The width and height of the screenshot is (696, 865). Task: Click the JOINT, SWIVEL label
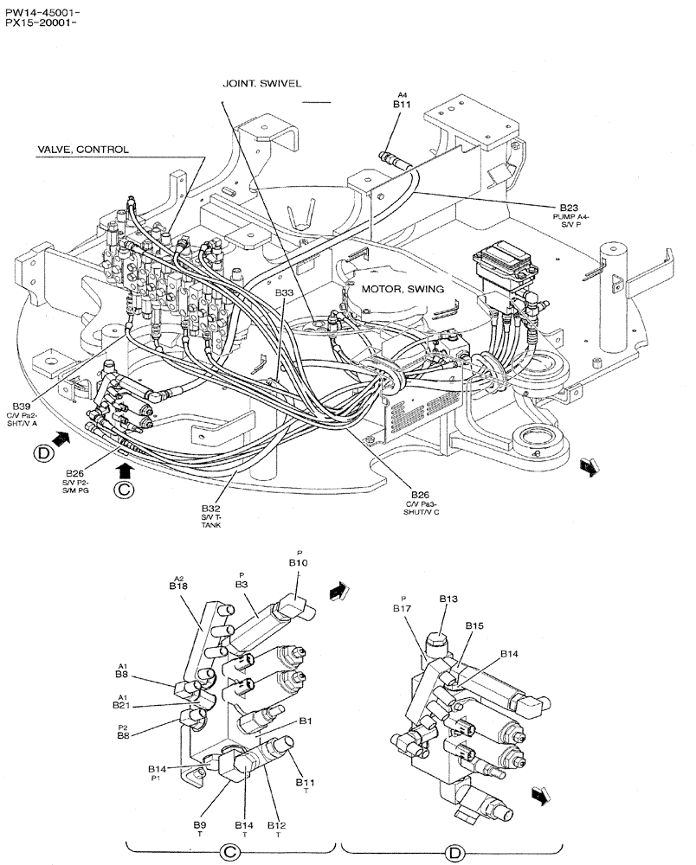(261, 84)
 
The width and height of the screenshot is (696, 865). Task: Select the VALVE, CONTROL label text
(82, 150)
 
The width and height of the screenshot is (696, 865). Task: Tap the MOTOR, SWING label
(403, 288)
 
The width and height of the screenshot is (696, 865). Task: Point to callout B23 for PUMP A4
(568, 207)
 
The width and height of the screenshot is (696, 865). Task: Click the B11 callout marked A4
(402, 104)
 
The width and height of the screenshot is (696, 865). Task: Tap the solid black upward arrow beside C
(124, 470)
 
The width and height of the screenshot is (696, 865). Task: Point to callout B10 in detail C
(299, 562)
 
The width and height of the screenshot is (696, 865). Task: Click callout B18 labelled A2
(178, 586)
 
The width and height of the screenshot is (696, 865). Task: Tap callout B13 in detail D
(448, 599)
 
